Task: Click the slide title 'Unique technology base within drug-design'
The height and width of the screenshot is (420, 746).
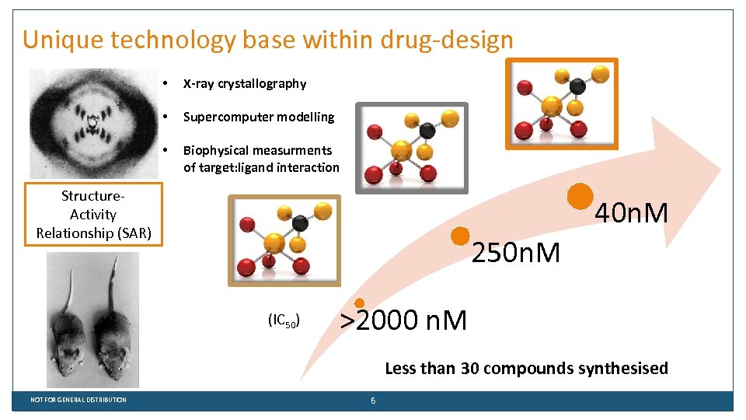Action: tap(268, 40)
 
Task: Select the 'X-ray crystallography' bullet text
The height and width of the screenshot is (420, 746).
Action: tap(244, 84)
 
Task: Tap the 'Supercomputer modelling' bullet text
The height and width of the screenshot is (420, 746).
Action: tap(258, 117)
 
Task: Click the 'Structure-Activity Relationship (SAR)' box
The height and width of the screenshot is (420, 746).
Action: tap(93, 215)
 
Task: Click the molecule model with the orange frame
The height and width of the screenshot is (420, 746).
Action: tap(561, 103)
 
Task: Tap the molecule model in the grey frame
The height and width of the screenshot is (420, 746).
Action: tap(412, 148)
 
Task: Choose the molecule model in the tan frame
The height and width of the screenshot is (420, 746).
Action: tap(284, 240)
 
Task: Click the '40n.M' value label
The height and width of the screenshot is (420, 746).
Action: tap(631, 212)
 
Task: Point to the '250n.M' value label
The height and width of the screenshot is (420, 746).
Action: tap(517, 252)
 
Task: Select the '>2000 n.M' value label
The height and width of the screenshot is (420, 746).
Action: tap(404, 320)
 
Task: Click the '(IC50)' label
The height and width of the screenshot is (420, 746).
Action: tap(284, 320)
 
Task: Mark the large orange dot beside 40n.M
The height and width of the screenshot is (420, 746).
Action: tap(580, 197)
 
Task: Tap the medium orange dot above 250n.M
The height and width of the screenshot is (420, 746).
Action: tap(460, 236)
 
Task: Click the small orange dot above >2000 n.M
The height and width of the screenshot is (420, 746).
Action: tap(360, 303)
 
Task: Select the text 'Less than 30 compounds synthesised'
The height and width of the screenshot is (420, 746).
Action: tap(526, 369)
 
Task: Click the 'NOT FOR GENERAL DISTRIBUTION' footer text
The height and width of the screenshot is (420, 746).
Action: tap(78, 400)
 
